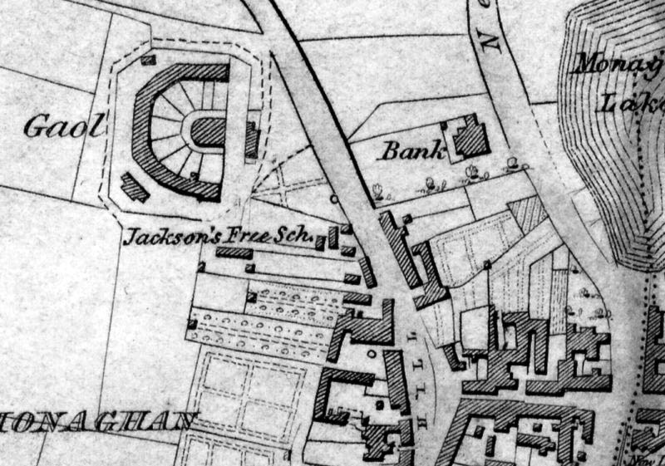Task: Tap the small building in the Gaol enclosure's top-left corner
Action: point(149,59)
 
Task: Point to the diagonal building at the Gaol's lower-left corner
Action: point(135,186)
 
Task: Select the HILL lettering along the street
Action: point(412,357)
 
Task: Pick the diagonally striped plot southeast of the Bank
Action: point(525,213)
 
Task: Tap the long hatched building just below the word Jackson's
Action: point(235,252)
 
